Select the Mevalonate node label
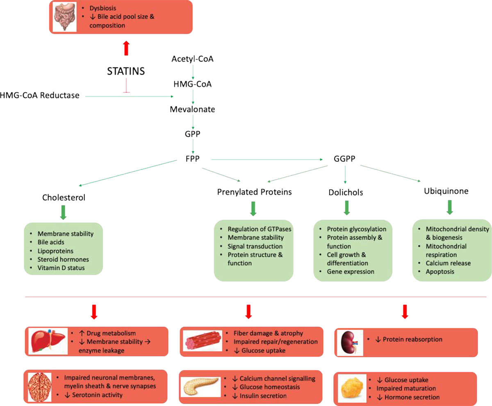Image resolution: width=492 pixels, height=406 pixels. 193,109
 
